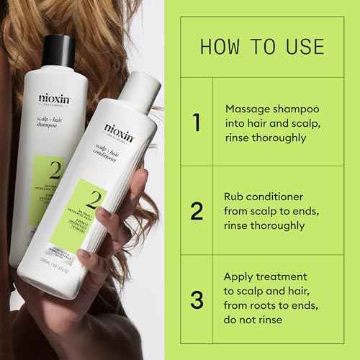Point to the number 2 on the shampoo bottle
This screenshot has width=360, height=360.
point(53,170)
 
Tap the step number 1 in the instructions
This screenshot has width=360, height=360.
point(197,122)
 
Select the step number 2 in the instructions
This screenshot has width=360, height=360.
point(197,211)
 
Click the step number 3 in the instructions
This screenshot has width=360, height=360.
point(197,298)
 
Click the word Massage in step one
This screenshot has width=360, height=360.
point(248,108)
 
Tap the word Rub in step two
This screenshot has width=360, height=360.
point(235,196)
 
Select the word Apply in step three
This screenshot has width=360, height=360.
point(240,276)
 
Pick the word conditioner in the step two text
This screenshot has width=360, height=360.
point(279,196)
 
